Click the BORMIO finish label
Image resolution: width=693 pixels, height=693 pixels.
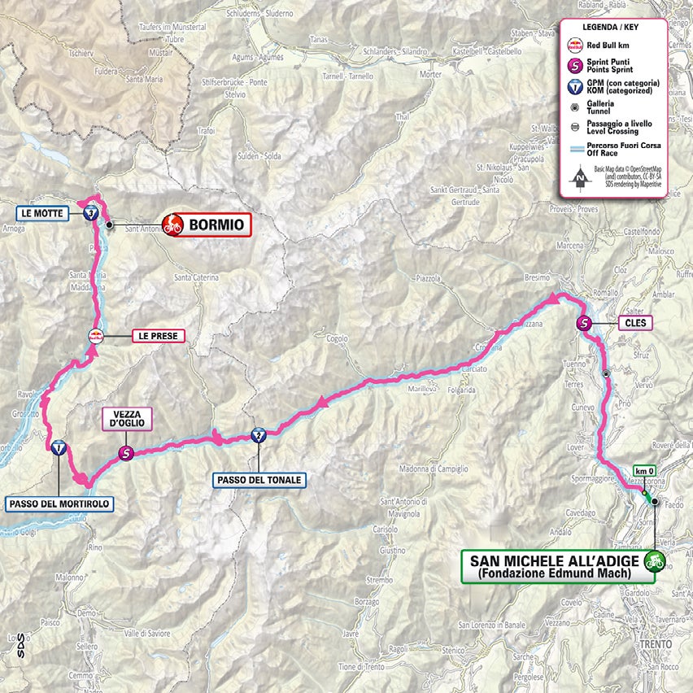coord(216,224)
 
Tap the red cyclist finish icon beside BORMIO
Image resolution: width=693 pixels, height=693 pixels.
coord(172,224)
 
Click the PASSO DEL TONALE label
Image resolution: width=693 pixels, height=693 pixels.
coord(259,480)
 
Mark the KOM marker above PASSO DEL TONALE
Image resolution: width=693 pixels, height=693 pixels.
coord(259,434)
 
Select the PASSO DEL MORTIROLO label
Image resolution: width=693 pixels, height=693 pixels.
coord(59,504)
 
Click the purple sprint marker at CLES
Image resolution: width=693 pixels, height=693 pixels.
coord(584,324)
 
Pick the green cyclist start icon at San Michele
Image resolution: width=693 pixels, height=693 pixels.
coord(653,560)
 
